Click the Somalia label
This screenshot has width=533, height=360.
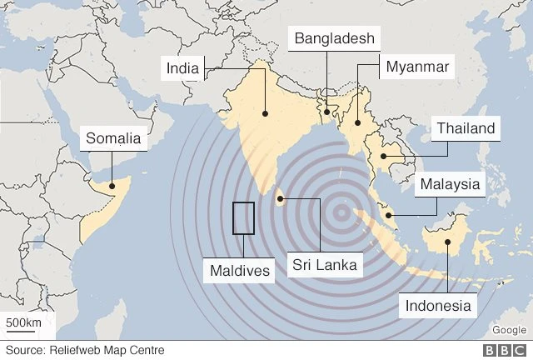(113, 138)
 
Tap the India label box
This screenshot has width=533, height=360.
(182, 68)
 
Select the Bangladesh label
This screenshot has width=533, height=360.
(332, 38)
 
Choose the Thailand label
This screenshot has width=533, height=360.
(466, 128)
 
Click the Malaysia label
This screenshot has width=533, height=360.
(450, 184)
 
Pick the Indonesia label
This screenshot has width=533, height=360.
(438, 305)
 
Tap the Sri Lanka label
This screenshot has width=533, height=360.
(325, 265)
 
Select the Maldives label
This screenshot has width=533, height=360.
(240, 270)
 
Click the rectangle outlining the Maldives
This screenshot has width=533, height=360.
(243, 218)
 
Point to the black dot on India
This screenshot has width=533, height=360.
(265, 113)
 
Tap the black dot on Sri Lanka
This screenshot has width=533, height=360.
(281, 198)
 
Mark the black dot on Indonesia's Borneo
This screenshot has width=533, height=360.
(447, 243)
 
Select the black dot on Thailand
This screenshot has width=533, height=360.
(382, 156)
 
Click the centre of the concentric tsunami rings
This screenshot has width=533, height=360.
(341, 213)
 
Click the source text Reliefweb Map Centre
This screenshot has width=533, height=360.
(83, 350)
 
